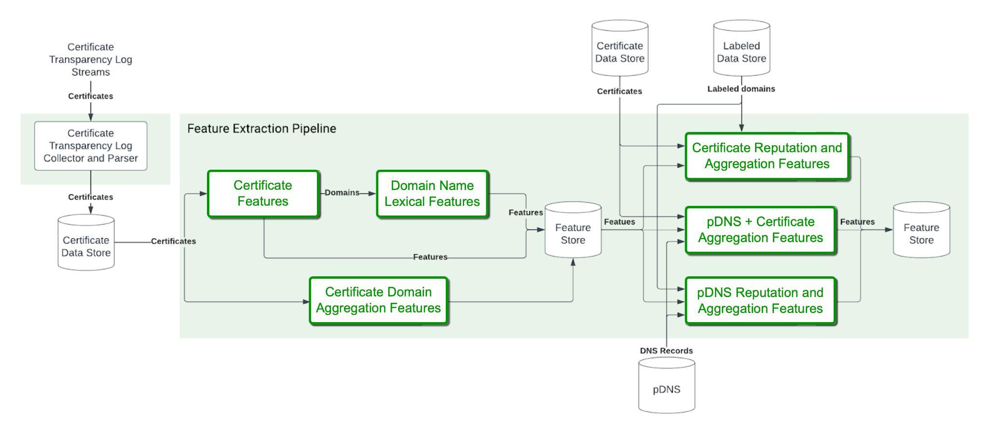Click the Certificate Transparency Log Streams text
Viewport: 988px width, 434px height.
[91, 60]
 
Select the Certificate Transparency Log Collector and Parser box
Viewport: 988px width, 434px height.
[91, 146]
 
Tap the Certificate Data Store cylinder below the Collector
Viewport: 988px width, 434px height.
[86, 243]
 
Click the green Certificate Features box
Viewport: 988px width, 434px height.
[263, 193]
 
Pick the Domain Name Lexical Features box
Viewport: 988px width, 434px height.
[432, 193]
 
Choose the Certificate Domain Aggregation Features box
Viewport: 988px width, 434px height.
[378, 300]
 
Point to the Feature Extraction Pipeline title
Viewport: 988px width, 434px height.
[261, 129]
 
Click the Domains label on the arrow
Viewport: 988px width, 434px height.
[342, 192]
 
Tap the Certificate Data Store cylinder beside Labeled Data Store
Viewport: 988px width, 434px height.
[620, 49]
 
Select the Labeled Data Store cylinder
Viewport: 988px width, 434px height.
[741, 49]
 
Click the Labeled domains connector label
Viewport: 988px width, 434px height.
[741, 89]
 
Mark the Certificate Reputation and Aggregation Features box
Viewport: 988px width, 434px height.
[767, 156]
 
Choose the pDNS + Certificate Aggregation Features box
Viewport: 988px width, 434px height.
[760, 230]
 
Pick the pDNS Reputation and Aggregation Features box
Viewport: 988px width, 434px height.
[760, 300]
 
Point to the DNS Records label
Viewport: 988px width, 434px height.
[666, 351]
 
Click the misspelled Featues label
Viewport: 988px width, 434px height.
[619, 222]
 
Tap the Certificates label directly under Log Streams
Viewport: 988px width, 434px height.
[91, 96]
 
